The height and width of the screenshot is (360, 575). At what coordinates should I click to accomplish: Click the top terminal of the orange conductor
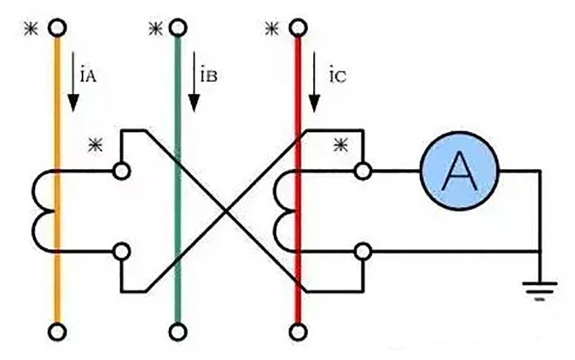point(57,28)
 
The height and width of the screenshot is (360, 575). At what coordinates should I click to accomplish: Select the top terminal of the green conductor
point(177,28)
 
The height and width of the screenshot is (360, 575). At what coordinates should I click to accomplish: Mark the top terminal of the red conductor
point(296,28)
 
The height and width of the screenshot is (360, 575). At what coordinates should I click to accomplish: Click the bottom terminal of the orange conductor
point(57,332)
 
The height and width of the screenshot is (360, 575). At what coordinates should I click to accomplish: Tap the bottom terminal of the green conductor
point(177,332)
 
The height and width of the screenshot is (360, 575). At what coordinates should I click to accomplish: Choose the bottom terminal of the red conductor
point(296,332)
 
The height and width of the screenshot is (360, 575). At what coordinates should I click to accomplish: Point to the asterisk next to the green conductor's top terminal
point(153,29)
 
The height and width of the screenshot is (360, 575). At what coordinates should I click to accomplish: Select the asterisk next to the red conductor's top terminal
point(271,29)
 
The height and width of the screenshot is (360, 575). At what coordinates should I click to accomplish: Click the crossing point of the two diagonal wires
point(227,210)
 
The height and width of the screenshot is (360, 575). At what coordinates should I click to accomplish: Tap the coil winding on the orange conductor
point(43,210)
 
